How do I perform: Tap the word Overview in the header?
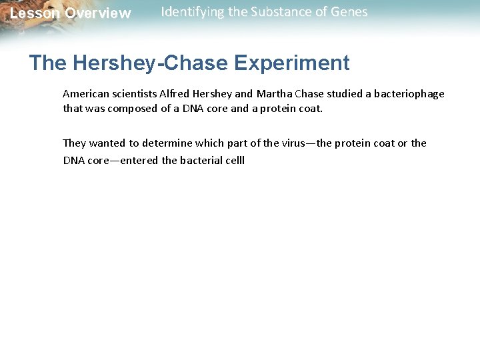[98, 13]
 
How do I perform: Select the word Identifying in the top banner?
[191, 12]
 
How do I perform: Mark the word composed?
[134, 108]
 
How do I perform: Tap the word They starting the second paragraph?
[73, 143]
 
